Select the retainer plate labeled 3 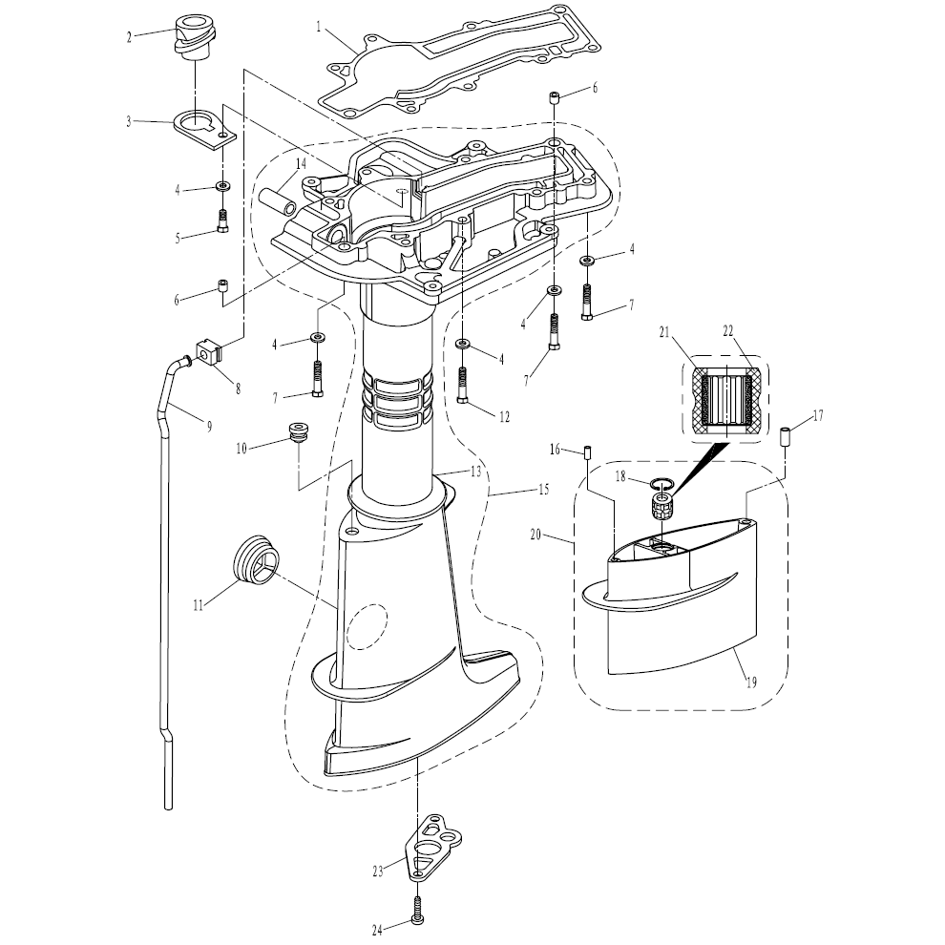pyautogui.click(x=205, y=127)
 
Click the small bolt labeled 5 pyautogui.click(x=222, y=220)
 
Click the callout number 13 pyautogui.click(x=475, y=472)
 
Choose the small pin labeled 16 pyautogui.click(x=589, y=451)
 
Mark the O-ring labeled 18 pyautogui.click(x=660, y=486)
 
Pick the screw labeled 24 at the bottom pyautogui.click(x=417, y=907)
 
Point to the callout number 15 pyautogui.click(x=542, y=490)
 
